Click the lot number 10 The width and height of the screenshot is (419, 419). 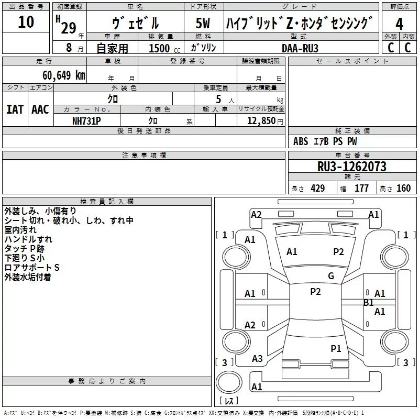pos(26,22)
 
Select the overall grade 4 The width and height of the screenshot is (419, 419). pos(399,24)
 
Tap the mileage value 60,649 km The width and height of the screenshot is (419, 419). pos(64,75)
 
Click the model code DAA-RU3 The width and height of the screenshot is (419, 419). pos(300,48)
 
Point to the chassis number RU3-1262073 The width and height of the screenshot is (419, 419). pos(351,167)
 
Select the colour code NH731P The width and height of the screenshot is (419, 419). pos(86,121)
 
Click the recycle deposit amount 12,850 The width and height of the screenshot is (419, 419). pos(261,121)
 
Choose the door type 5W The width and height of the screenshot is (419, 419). pos(203,23)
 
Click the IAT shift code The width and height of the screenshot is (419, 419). pos(15,109)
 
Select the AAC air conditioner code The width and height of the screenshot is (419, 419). pos(40,109)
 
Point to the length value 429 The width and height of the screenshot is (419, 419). pos(318,188)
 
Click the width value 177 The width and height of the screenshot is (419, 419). pos(361,188)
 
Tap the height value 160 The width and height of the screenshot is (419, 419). pos(403,188)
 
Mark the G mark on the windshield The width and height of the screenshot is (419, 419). pos(331,276)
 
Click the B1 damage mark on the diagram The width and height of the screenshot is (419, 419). pos(369,303)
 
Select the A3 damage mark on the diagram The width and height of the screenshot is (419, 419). pos(257,359)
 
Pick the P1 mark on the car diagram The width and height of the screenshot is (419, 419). pos(336,348)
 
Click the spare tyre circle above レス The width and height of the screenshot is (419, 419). pos(229,382)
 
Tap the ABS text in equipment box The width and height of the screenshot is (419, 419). pos(301,141)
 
